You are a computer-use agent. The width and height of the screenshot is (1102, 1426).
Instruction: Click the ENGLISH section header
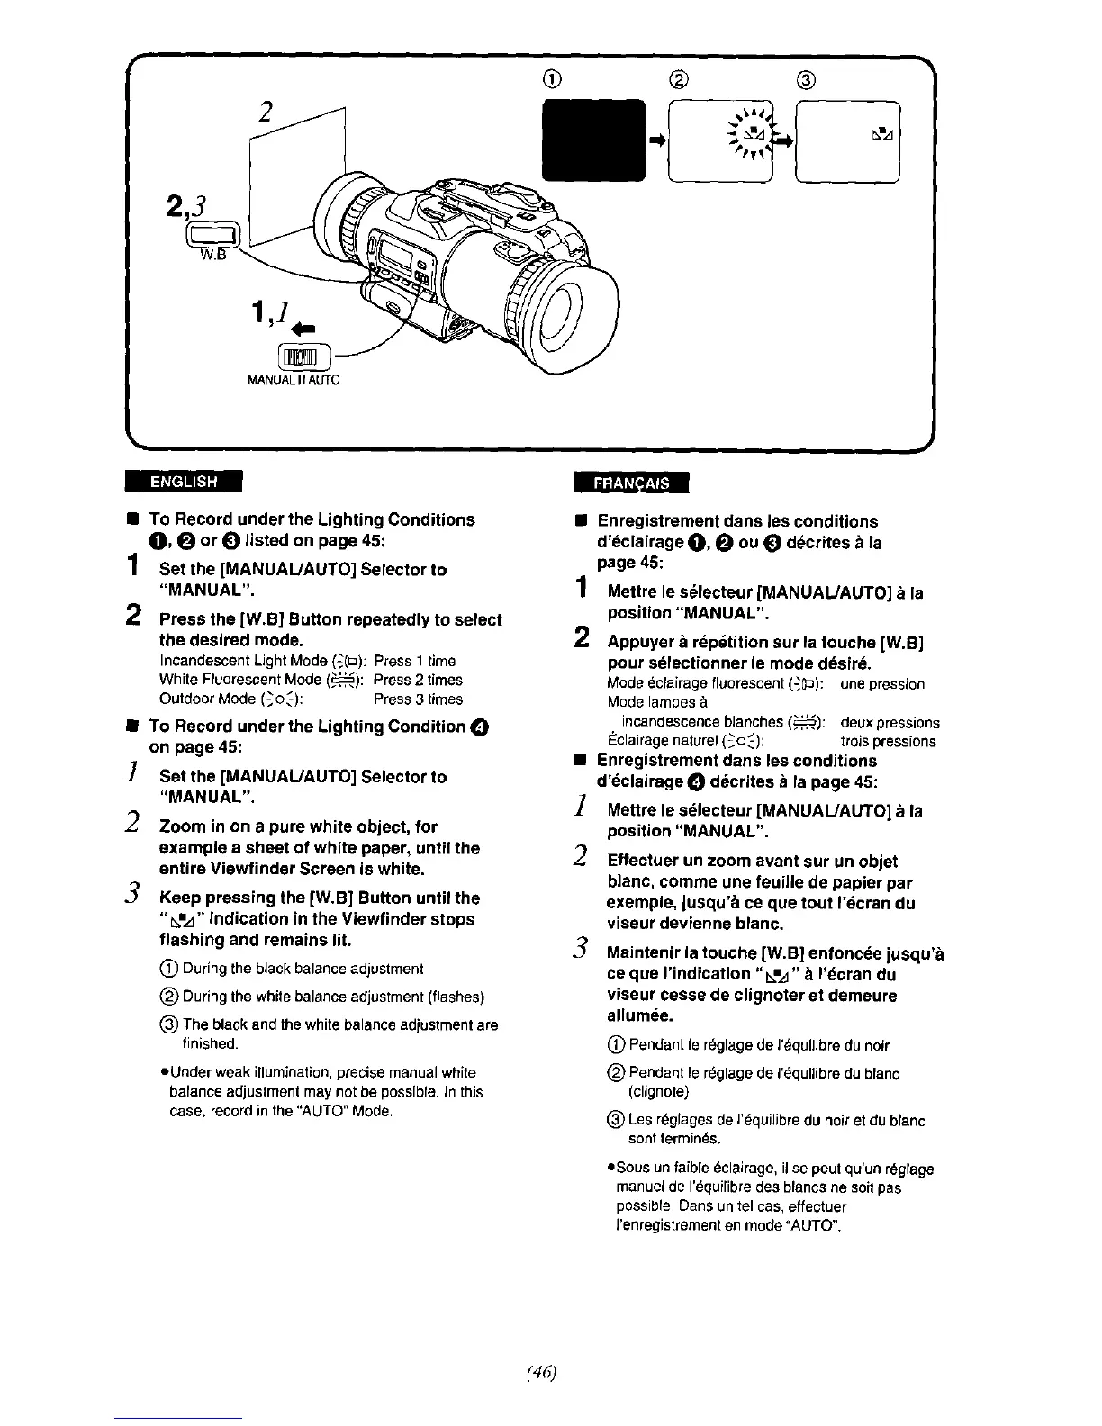pyautogui.click(x=184, y=481)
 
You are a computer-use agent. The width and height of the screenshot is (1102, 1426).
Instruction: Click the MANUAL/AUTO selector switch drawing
pyautogui.click(x=306, y=357)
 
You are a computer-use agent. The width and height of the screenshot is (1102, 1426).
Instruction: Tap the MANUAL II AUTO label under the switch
pyautogui.click(x=294, y=381)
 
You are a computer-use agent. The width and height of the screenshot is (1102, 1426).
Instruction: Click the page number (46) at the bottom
pyautogui.click(x=551, y=1372)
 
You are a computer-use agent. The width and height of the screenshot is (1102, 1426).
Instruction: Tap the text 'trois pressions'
pyautogui.click(x=887, y=741)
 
